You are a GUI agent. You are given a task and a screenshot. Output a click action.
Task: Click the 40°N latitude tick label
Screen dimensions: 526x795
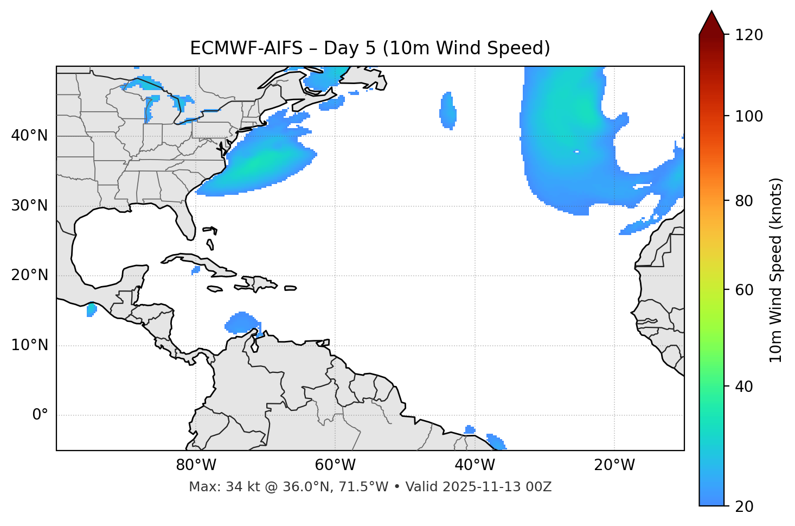pyautogui.click(x=29, y=136)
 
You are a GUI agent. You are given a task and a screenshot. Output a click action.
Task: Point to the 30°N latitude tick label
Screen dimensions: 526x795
pyautogui.click(x=29, y=206)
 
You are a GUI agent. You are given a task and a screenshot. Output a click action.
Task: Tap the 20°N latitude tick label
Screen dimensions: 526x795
pyautogui.click(x=29, y=275)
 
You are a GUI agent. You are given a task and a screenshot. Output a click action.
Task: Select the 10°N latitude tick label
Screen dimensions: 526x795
pyautogui.click(x=29, y=345)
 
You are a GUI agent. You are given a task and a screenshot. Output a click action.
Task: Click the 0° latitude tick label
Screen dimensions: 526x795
pyautogui.click(x=40, y=415)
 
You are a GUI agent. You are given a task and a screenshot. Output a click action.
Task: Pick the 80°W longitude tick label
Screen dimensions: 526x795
pyautogui.click(x=196, y=465)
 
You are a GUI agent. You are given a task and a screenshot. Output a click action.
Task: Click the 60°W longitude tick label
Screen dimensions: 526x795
pyautogui.click(x=335, y=465)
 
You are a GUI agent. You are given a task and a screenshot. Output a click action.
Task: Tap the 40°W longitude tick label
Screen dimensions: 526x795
pyautogui.click(x=475, y=465)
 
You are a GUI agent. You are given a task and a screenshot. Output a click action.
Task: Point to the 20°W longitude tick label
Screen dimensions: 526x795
pyautogui.click(x=614, y=465)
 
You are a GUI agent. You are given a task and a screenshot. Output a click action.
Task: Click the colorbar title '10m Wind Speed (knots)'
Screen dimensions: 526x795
pyautogui.click(x=776, y=270)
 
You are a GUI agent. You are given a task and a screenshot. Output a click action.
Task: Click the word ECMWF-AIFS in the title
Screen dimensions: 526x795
pyautogui.click(x=246, y=48)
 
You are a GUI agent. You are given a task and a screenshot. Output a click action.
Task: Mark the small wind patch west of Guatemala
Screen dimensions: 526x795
pyautogui.click(x=91, y=310)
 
